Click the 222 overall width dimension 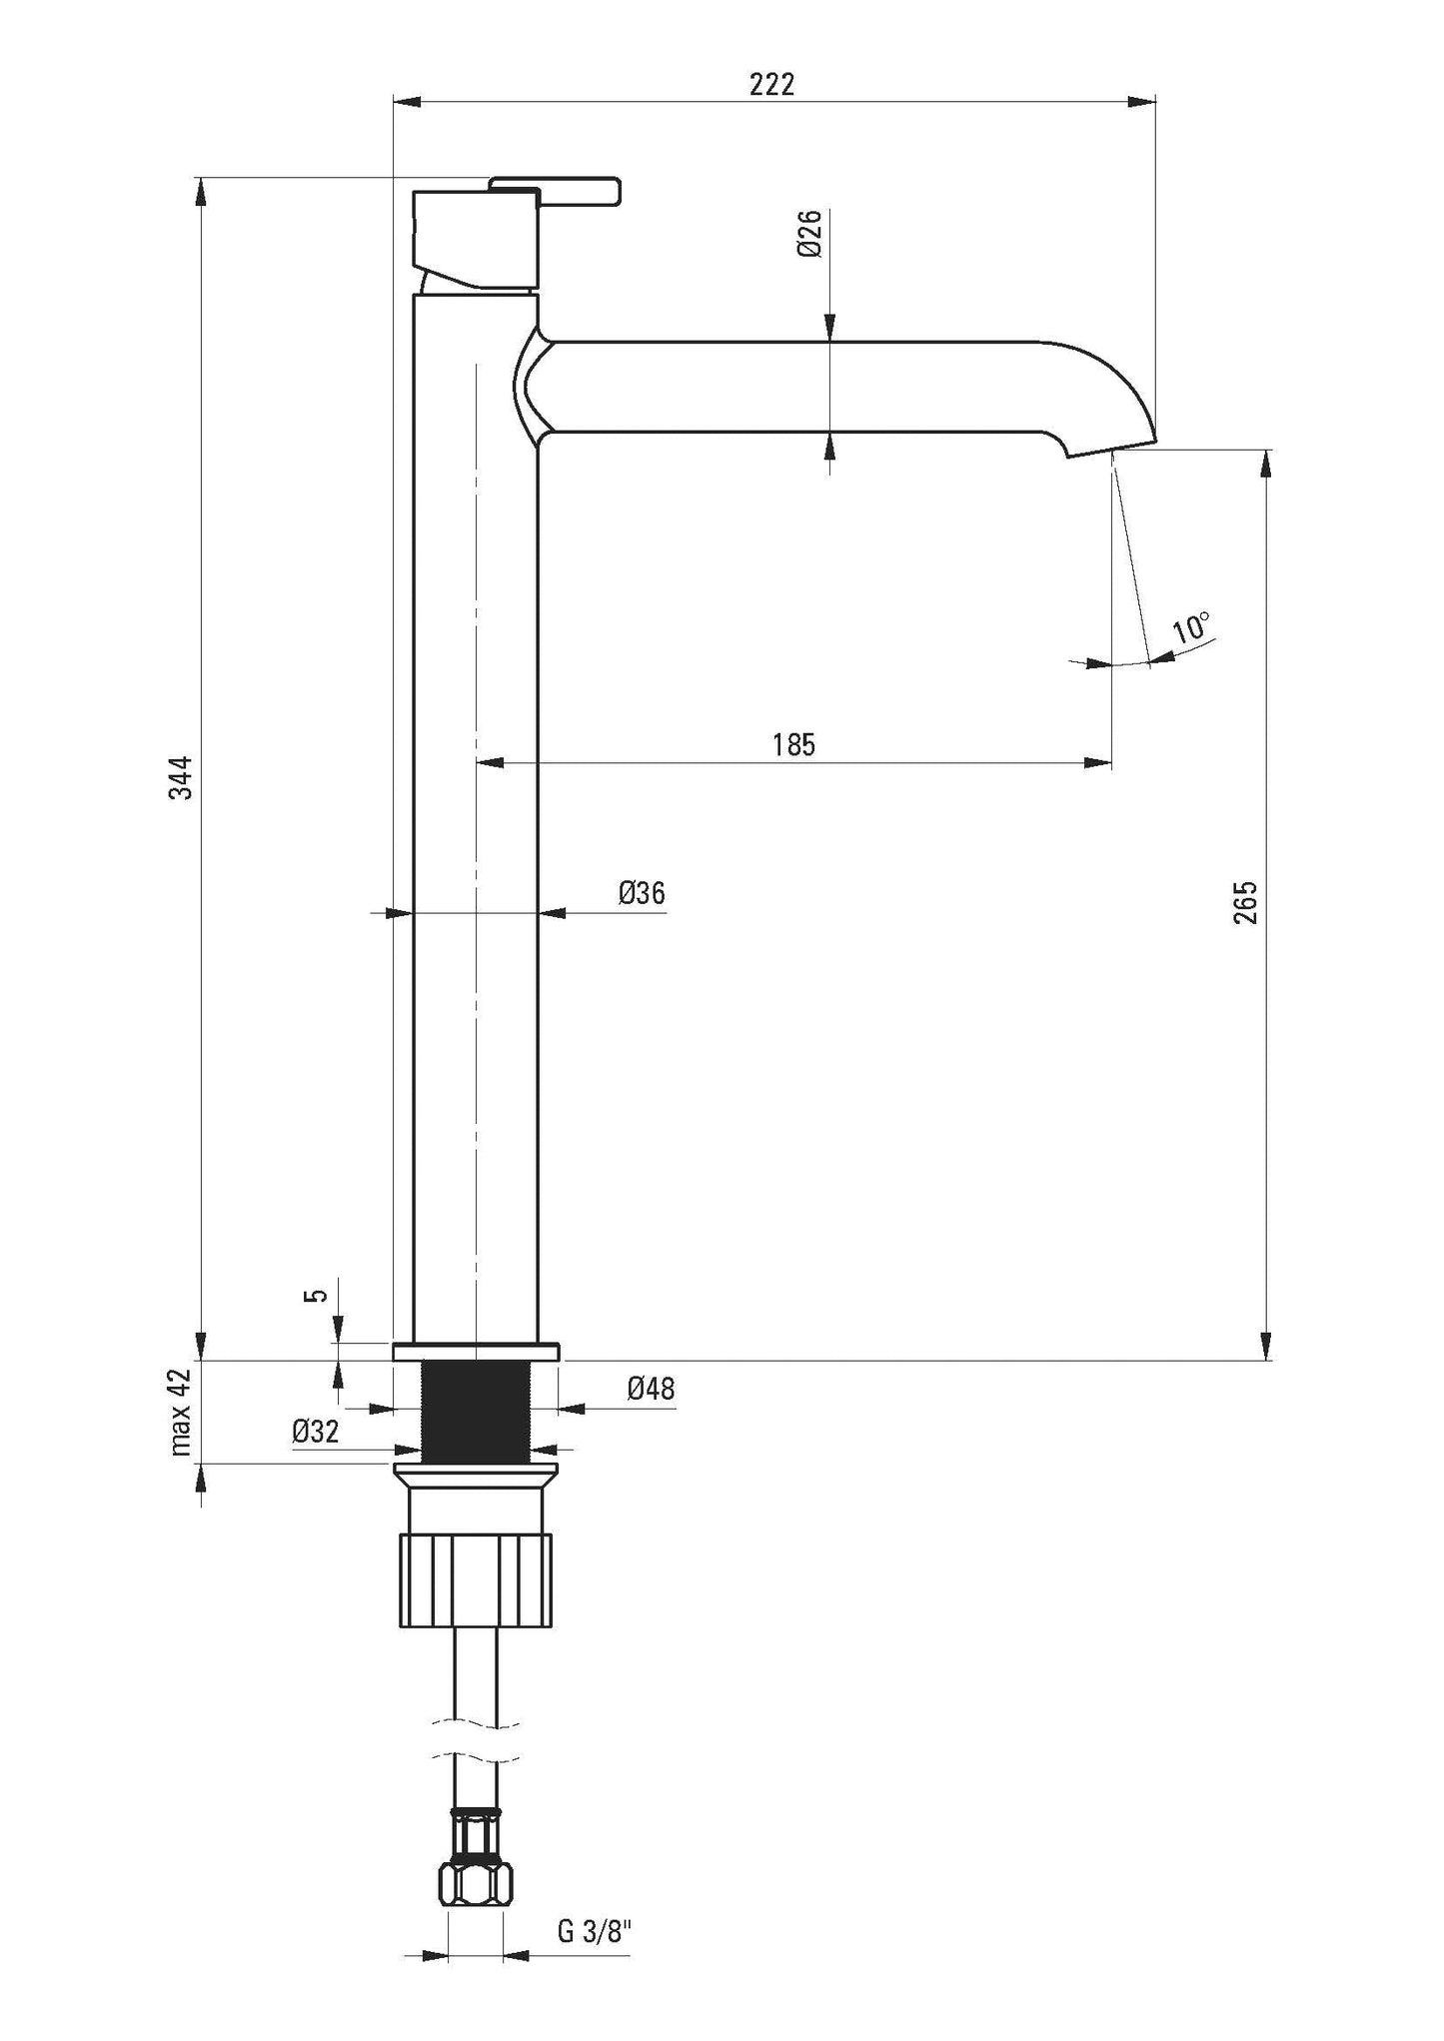771,85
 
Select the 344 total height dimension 181,777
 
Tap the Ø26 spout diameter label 809,235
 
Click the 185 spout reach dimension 793,744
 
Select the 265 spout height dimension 1246,901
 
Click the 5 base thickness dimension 319,1295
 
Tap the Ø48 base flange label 651,1389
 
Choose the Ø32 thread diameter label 316,1432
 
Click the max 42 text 181,1413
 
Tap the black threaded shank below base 476,1413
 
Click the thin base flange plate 476,1352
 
